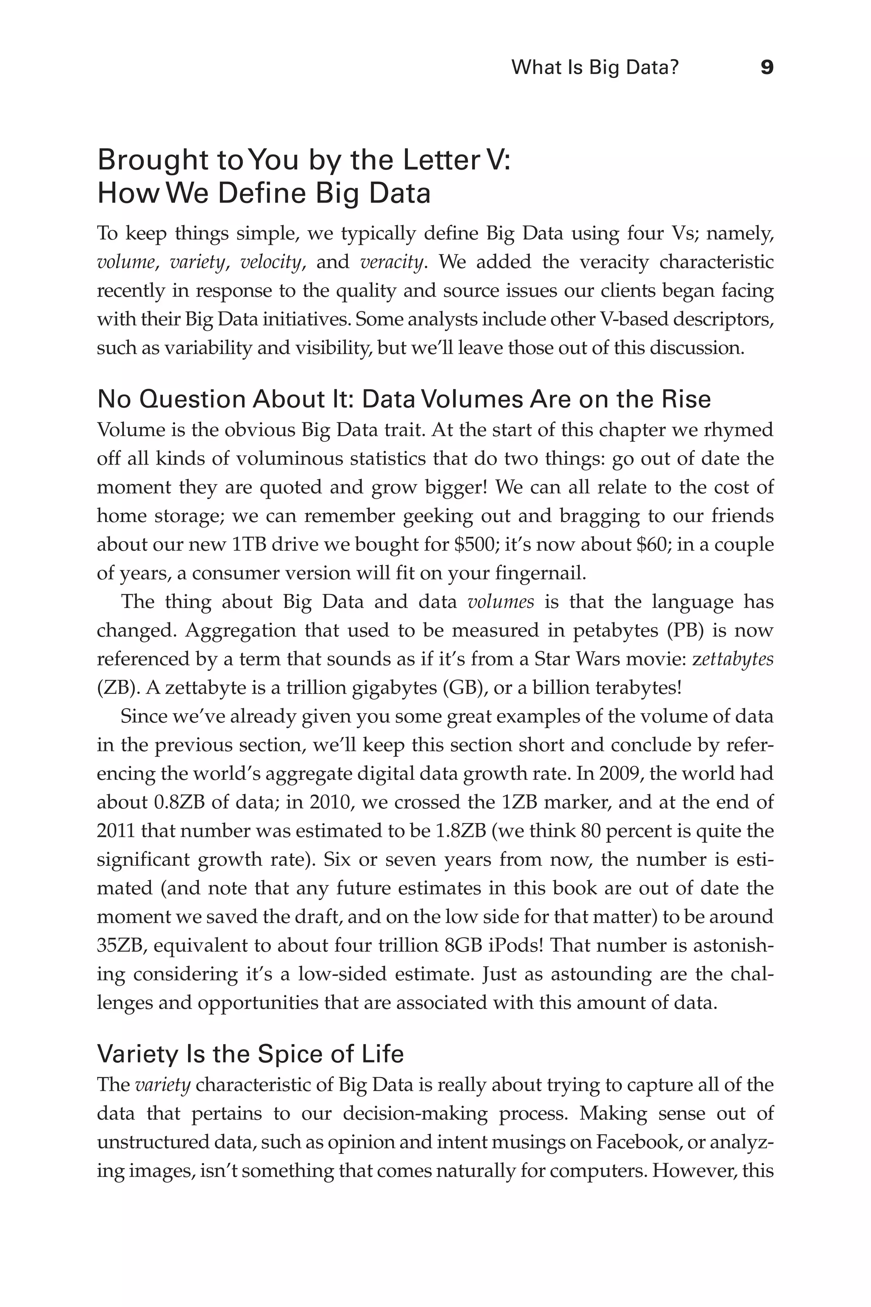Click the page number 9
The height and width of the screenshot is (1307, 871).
coord(766,68)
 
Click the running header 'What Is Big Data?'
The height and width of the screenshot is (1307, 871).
coord(595,68)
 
